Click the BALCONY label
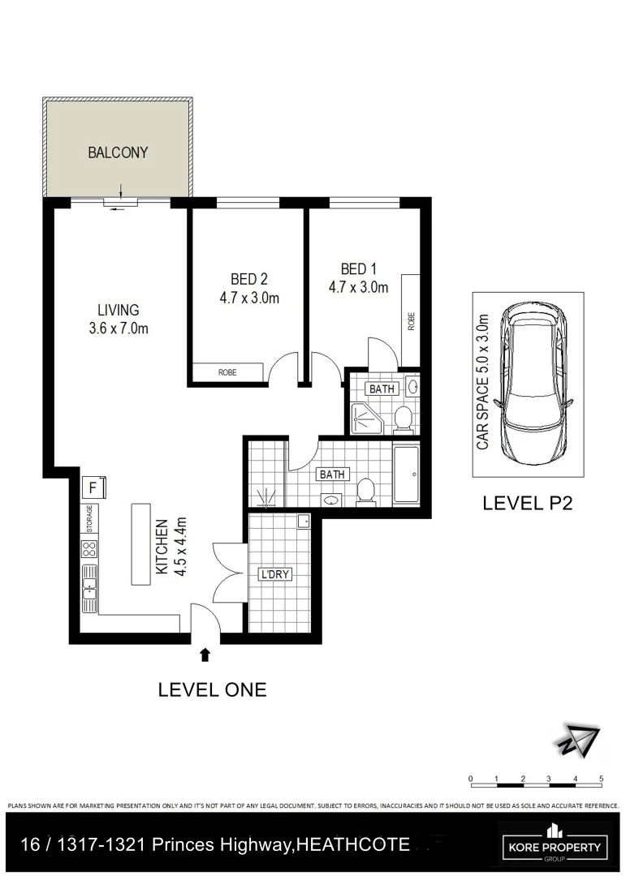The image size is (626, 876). pos(118,152)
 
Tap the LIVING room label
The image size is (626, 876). pos(119,310)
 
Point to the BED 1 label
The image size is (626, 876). pos(358,269)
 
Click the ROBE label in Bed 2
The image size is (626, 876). pos(227,373)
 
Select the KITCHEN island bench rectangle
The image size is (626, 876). pos(141,543)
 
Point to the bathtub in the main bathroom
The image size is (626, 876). pos(406,474)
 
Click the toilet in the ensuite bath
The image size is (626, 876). pos(402,419)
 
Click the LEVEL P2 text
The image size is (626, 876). pos(528,503)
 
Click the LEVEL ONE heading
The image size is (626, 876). pos(212,689)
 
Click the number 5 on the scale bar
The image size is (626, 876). pos(601,779)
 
